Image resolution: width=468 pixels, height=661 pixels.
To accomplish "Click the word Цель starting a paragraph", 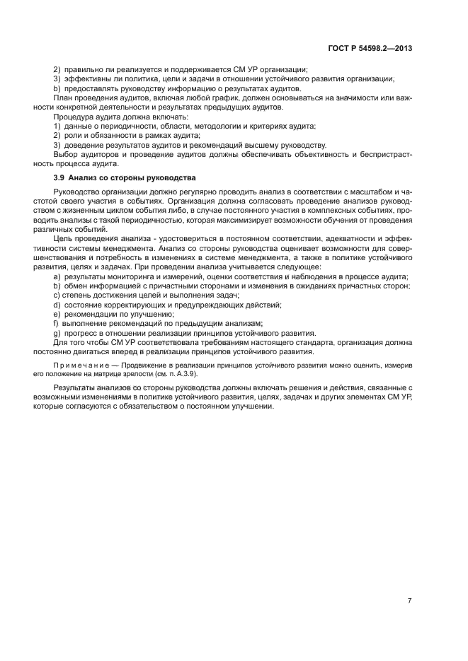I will coord(64,240).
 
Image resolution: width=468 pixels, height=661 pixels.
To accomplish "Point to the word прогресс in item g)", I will coord(82,332).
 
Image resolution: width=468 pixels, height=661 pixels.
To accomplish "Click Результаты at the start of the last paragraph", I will coord(77,389).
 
